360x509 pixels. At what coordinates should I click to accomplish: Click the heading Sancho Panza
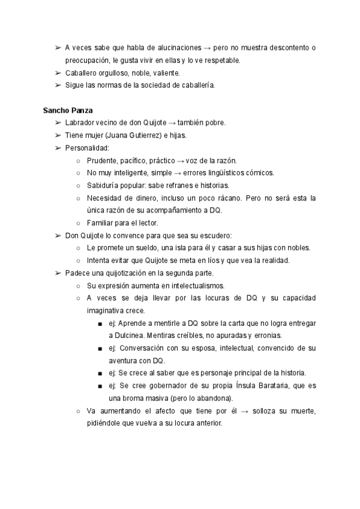click(67, 110)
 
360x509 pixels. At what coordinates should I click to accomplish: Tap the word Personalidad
click(87, 148)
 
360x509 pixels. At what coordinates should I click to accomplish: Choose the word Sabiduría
click(104, 185)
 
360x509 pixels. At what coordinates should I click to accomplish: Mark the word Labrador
click(81, 122)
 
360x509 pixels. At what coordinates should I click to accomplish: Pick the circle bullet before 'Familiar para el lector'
click(79, 223)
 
